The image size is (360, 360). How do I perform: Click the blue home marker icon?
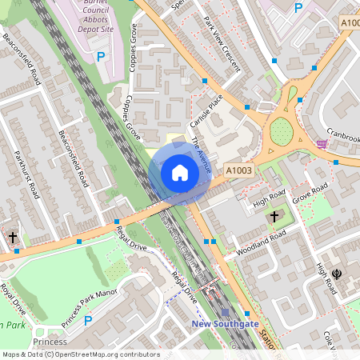point(180,173)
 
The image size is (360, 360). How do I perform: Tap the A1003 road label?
point(238,170)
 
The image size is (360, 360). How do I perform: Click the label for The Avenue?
point(201,155)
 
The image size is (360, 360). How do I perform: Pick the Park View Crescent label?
point(222,43)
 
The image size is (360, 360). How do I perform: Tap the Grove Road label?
point(310,192)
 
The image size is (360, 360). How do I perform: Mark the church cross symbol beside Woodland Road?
point(274,217)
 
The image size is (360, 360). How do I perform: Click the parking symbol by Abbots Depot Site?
point(101,57)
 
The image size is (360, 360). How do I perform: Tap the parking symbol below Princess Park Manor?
point(88,321)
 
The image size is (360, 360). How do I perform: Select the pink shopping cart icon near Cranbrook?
point(322,144)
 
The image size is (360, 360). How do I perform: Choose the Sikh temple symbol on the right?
point(337,274)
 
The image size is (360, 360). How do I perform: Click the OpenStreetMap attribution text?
point(80,354)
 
